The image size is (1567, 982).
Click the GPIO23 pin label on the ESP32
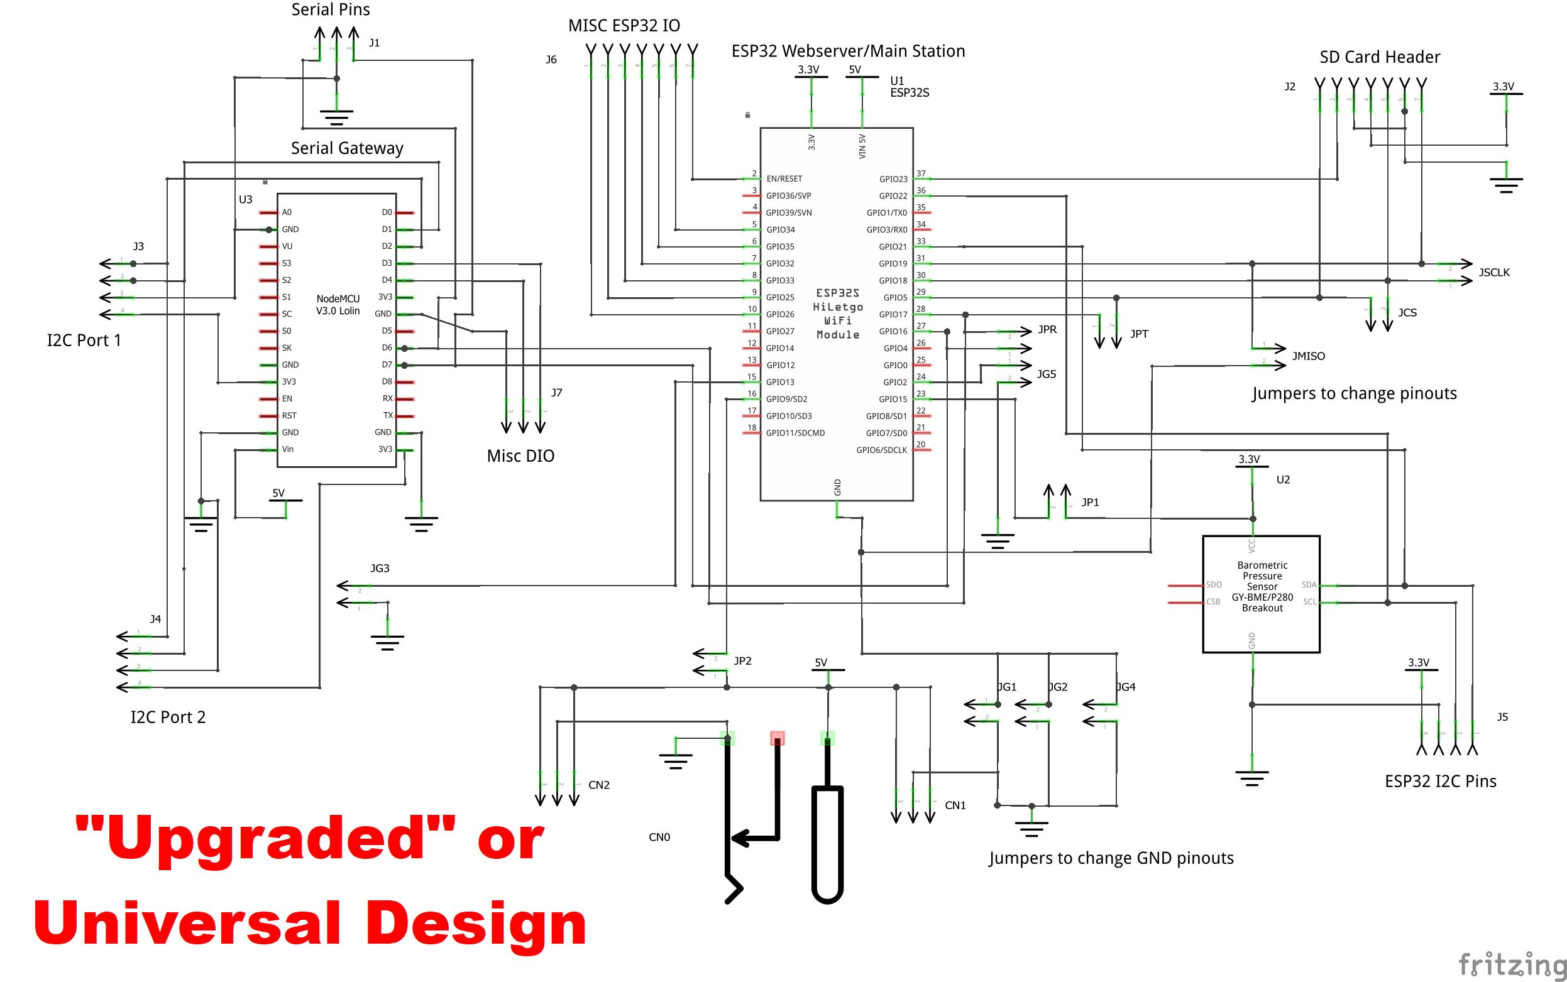coord(893,179)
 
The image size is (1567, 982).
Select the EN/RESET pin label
coord(784,178)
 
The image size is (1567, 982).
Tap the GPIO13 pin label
coord(779,382)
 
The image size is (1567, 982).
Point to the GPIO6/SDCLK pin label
coord(881,450)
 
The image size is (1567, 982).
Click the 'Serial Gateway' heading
coord(347,148)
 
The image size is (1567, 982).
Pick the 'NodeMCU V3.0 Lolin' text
coord(338,305)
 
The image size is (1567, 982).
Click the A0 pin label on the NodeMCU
coord(287,212)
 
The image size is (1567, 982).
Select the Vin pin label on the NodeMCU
coord(287,449)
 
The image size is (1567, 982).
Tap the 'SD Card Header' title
coord(1379,57)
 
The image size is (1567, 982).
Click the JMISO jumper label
coord(1308,356)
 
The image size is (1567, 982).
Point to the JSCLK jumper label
coord(1493,272)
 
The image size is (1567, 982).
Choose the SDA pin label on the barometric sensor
coord(1309,585)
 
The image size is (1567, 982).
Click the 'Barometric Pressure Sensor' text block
coord(1262,586)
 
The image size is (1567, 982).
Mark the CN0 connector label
coord(659,837)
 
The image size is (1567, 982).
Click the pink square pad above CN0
coord(777,738)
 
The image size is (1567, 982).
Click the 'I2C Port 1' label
coord(84,341)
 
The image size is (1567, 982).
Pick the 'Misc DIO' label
coord(520,456)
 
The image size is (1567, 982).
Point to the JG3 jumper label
coord(380,569)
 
